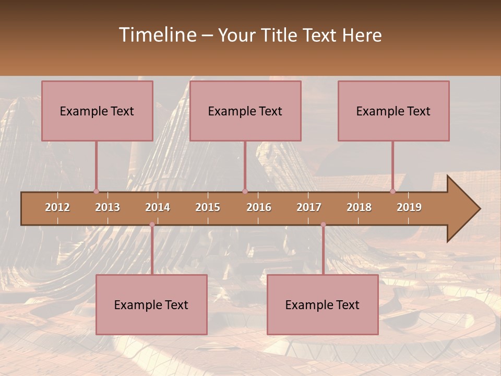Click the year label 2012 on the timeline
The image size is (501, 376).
57,207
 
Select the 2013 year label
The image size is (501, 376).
108,207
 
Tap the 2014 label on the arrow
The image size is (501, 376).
158,207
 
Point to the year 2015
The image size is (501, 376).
208,207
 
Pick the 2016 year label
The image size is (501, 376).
259,207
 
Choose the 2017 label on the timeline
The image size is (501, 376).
309,207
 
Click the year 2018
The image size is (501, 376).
359,207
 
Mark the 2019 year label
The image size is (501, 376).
409,207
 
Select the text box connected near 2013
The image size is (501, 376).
97,111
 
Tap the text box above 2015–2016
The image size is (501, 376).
245,111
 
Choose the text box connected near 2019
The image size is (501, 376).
393,111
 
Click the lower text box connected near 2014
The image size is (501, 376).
151,304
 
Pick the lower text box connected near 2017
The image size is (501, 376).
323,304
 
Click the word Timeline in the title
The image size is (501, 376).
157,35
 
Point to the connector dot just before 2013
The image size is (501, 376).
96,191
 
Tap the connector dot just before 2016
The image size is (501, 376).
245,191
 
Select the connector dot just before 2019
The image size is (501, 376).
393,191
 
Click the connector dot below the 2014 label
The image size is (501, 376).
152,225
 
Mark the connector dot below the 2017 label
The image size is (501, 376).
323,225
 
